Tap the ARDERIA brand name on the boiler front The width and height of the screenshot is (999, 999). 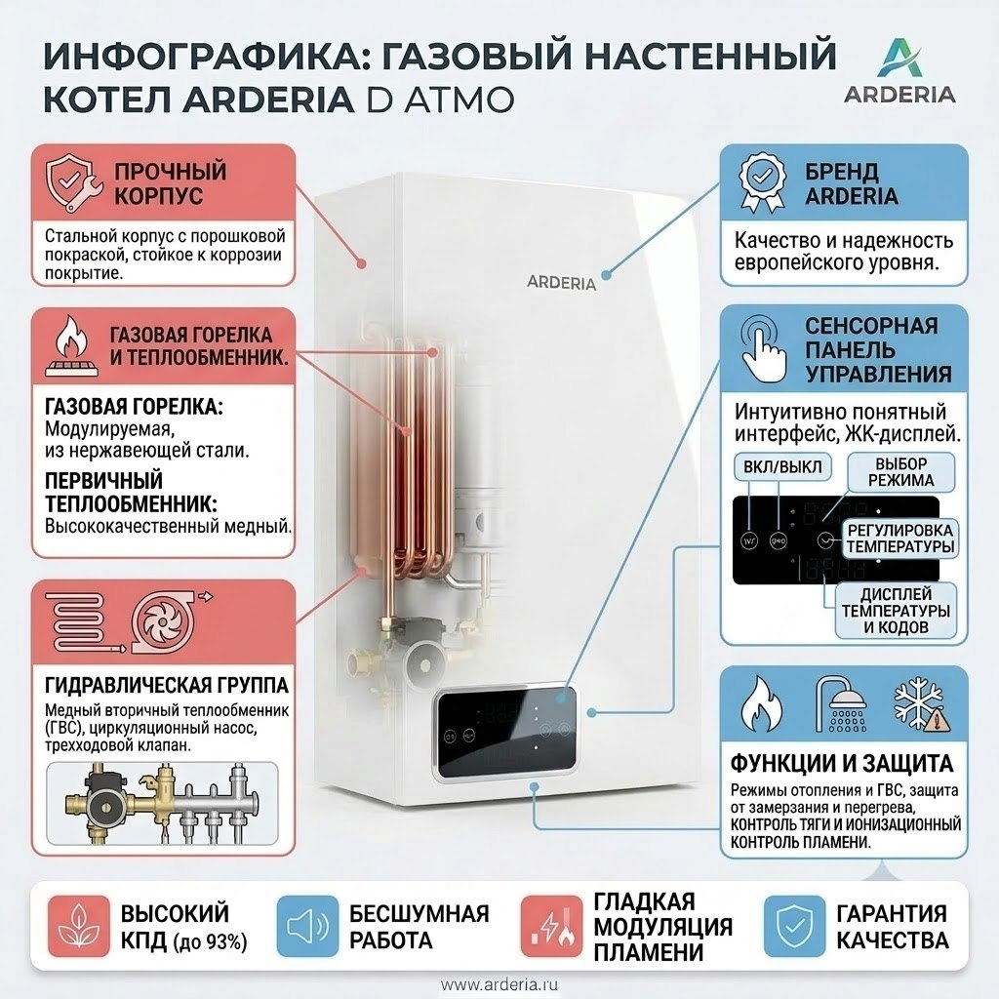click(x=561, y=282)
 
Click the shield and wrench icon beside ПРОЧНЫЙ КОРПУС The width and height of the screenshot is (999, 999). click(x=73, y=183)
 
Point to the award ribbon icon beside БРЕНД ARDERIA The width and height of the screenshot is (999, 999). click(x=761, y=182)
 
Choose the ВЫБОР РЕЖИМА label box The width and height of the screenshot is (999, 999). click(x=900, y=472)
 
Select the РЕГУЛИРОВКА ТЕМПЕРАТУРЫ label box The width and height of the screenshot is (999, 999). click(x=900, y=539)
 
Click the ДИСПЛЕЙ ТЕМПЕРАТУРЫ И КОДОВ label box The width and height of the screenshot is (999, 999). click(x=896, y=611)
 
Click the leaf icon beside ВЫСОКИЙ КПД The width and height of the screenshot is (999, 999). click(x=79, y=927)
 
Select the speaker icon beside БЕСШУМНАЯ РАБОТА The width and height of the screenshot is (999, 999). click(x=307, y=927)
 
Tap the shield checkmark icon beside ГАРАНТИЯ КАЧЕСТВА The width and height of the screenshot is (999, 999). click(x=794, y=927)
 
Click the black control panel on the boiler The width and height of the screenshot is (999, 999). click(x=507, y=734)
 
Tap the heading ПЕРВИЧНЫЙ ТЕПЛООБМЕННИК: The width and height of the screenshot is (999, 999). click(x=132, y=492)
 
